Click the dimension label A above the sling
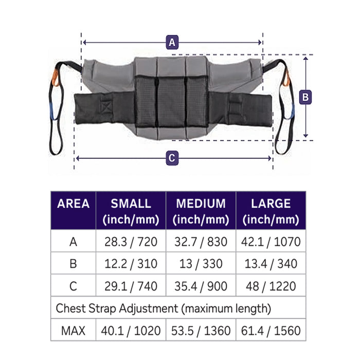(172, 42)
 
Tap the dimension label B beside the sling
(305, 97)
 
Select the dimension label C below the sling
(172, 158)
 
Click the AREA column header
(73, 204)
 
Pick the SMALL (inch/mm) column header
(131, 211)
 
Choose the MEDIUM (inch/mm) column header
(201, 211)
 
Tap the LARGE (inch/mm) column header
(271, 211)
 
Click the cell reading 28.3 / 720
(131, 242)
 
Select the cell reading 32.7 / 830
(201, 242)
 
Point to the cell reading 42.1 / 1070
(271, 242)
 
